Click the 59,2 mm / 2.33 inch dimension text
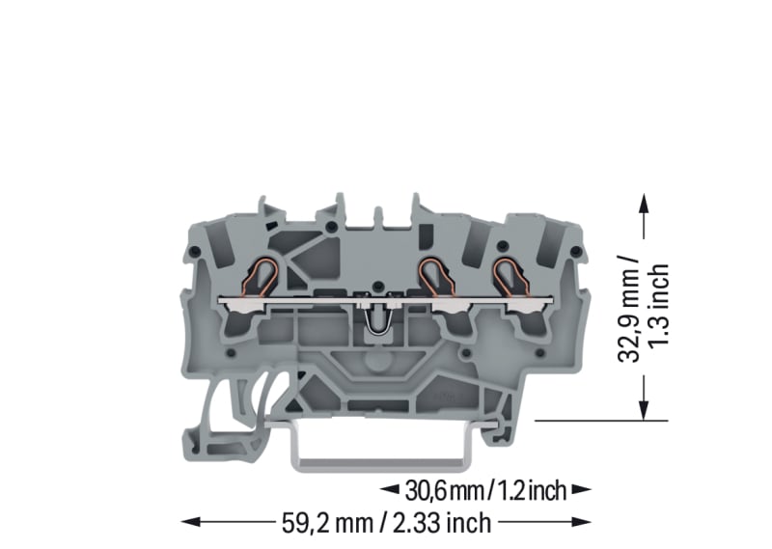tap(387, 523)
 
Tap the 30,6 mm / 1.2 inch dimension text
tap(485, 490)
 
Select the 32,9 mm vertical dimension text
tap(629, 309)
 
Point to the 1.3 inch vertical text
tap(659, 305)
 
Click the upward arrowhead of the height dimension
tap(643, 203)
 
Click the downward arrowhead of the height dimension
tap(643, 411)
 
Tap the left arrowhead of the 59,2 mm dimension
tap(191, 522)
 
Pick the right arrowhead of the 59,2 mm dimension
tap(582, 522)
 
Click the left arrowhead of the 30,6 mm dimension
tap(390, 489)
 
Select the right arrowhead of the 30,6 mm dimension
tap(582, 489)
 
